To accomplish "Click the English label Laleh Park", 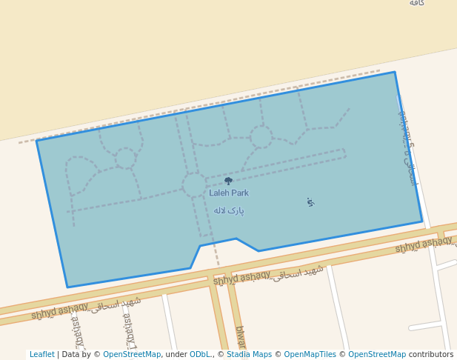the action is point(229,193).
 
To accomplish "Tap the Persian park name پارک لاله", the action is point(229,210).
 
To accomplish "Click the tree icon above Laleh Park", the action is point(228,181).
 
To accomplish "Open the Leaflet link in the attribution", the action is point(41,355).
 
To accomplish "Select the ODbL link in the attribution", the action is point(199,355).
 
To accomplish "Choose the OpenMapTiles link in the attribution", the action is point(310,355).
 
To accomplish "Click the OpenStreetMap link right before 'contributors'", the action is point(377,355).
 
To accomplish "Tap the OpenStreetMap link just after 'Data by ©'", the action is point(132,355).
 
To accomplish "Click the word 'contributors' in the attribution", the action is point(431,355).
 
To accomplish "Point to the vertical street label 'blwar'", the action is point(240,338).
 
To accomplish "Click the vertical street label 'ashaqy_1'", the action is point(128,330).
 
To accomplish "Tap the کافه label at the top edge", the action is point(417,3).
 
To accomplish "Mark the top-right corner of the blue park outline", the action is point(395,72).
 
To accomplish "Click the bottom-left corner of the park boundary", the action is point(67,287).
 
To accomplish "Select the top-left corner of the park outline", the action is point(37,141).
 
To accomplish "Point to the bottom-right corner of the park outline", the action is point(421,221).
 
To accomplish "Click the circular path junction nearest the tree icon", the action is point(195,184).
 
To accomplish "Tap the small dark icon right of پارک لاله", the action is point(310,201).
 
